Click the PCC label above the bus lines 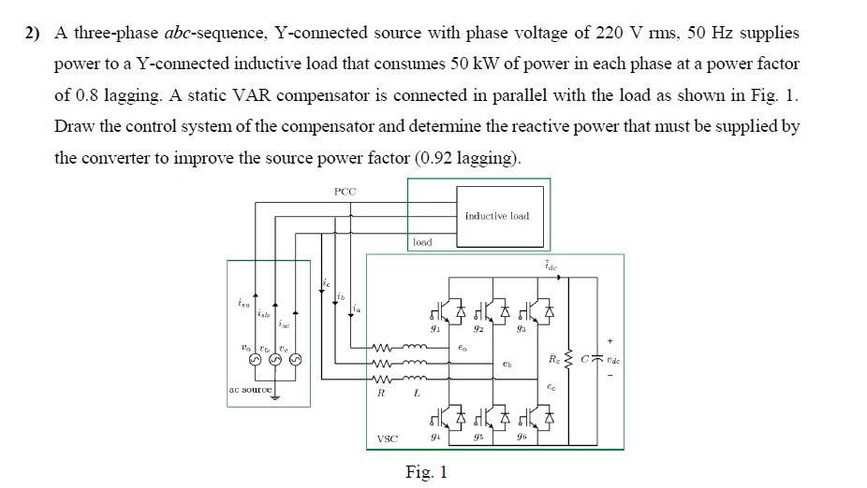345,191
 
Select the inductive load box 496,216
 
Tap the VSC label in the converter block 387,438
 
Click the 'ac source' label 250,388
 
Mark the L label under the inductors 417,394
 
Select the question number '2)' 34,34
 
